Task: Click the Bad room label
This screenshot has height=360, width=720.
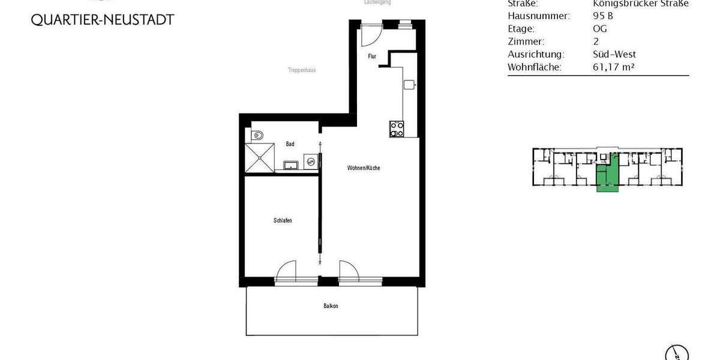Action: click(290, 144)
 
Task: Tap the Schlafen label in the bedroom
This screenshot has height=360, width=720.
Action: click(282, 221)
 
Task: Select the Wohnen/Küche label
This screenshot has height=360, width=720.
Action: click(363, 168)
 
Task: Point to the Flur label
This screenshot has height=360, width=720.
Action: click(372, 56)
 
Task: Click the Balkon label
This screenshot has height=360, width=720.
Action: click(331, 306)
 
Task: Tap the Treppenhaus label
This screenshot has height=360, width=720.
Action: click(301, 70)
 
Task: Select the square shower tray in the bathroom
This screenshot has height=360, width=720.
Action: click(260, 158)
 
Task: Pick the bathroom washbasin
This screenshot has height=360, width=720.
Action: click(292, 164)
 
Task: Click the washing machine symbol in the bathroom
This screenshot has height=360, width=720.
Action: click(311, 161)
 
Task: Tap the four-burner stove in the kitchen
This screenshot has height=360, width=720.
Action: click(397, 128)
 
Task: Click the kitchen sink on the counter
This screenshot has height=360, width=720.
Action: click(410, 85)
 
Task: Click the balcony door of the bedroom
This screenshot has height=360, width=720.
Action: click(287, 271)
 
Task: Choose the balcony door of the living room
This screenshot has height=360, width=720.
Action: click(349, 271)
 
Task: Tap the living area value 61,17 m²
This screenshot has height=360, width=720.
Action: click(613, 67)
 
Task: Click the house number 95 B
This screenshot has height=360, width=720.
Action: click(603, 16)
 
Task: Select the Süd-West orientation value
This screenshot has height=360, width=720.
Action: click(614, 54)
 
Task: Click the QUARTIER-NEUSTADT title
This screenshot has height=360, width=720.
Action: click(103, 20)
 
